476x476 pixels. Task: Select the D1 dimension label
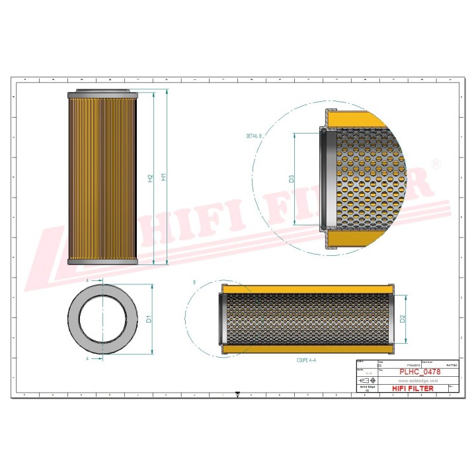(x=149, y=319)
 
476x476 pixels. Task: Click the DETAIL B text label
(x=255, y=136)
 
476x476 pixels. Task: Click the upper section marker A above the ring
(x=88, y=280)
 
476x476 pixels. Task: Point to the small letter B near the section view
(x=194, y=282)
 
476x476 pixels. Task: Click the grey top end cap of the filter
(x=102, y=92)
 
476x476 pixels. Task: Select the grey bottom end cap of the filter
(x=102, y=262)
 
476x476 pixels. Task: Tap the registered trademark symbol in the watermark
(x=435, y=163)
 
